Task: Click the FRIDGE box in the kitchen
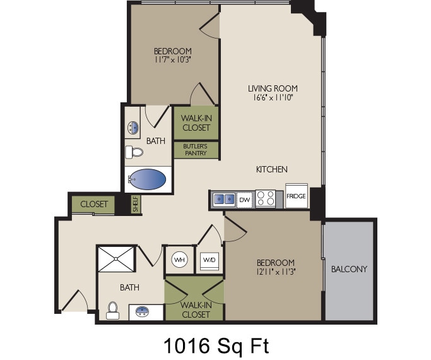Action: [x=296, y=196]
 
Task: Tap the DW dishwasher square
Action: [x=245, y=200]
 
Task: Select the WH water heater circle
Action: [x=179, y=260]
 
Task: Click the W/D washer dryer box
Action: [x=209, y=260]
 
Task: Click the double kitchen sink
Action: [x=223, y=200]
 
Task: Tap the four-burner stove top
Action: [x=265, y=199]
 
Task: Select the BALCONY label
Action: [x=349, y=269]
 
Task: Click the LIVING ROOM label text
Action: [x=272, y=88]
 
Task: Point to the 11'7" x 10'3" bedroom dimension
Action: [x=172, y=60]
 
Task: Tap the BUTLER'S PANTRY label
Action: [x=196, y=150]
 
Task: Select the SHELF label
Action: [x=135, y=204]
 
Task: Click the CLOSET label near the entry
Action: [x=94, y=205]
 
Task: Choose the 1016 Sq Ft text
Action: [x=216, y=345]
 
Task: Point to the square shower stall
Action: [x=116, y=259]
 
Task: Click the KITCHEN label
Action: [x=272, y=169]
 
